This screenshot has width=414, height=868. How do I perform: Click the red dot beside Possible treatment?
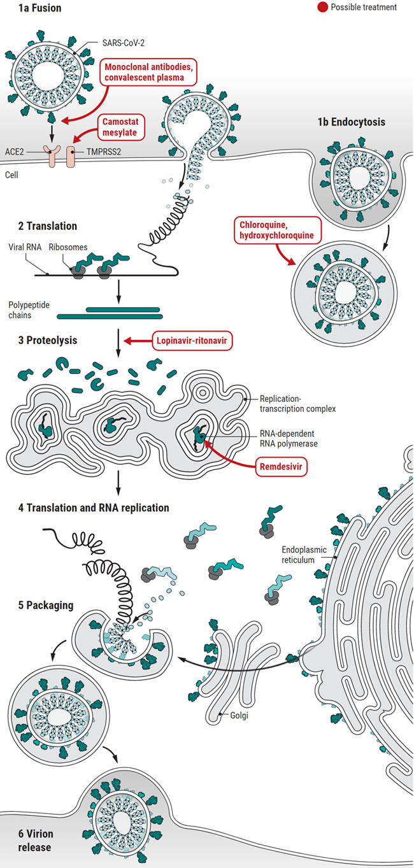click(x=324, y=7)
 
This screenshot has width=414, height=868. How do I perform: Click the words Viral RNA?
click(x=25, y=245)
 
